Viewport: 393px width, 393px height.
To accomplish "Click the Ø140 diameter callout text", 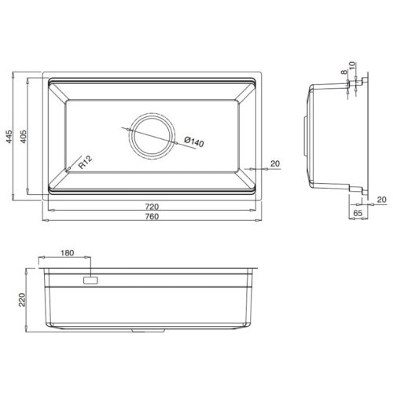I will pyautogui.click(x=192, y=144).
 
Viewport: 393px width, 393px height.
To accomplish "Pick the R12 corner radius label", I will pyautogui.click(x=86, y=162).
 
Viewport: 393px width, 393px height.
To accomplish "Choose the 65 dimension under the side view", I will pyautogui.click(x=358, y=212).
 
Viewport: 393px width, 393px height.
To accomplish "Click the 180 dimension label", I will pyautogui.click(x=68, y=255).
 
